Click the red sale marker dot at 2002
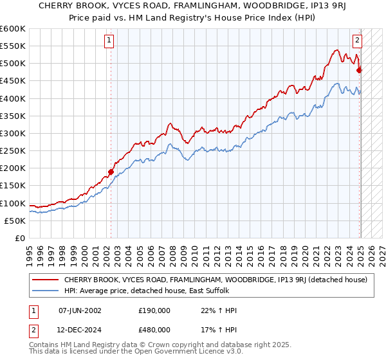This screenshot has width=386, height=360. click(x=111, y=172)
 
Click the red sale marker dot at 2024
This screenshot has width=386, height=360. click(x=359, y=70)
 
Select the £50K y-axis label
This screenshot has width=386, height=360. click(x=15, y=221)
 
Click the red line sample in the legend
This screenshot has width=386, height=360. click(x=46, y=280)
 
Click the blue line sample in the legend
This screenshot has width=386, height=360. click(x=46, y=291)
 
